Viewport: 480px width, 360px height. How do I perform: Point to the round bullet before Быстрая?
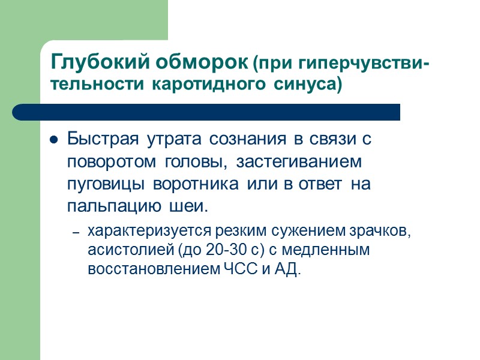[x=53, y=141]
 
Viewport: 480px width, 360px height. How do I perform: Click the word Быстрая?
[x=97, y=140]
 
